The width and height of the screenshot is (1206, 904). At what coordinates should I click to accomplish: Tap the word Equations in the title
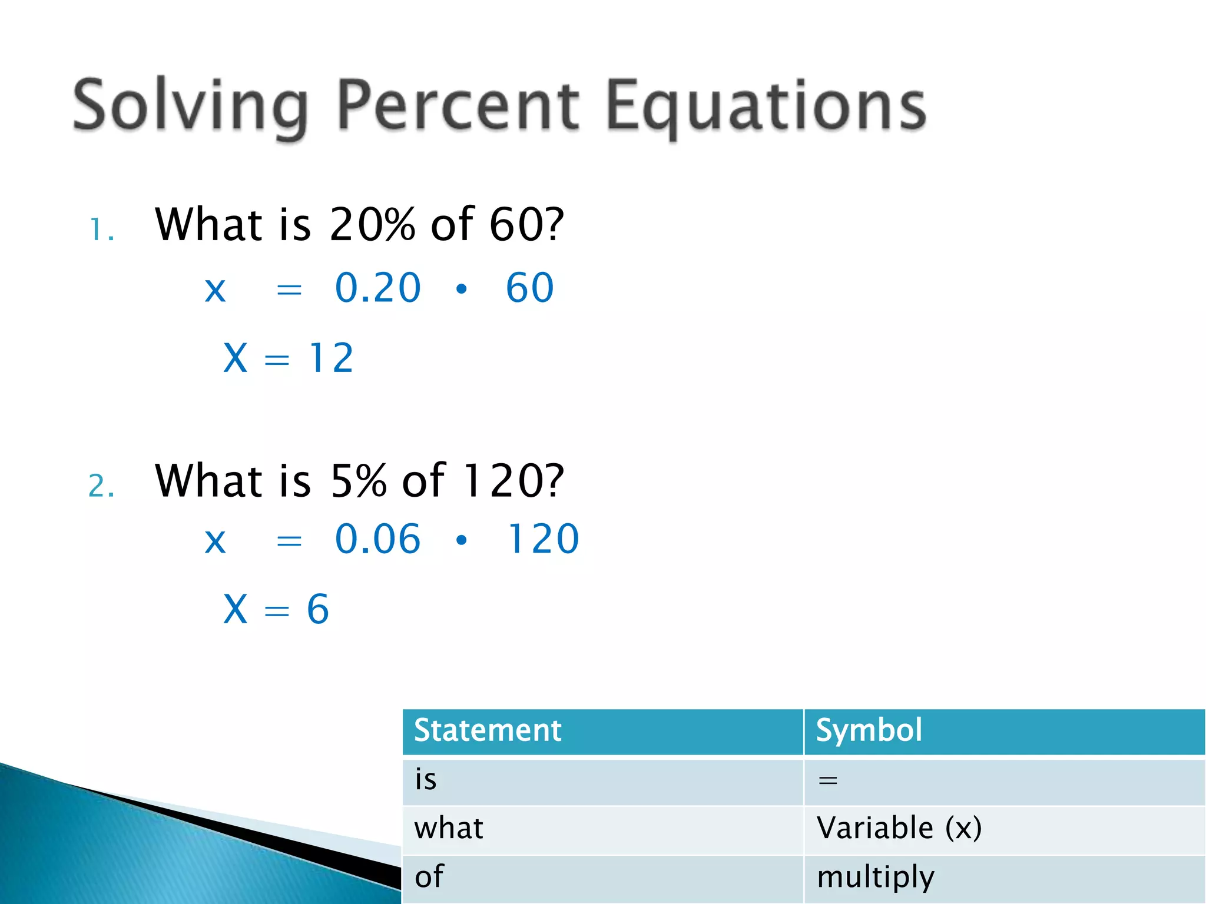[x=766, y=107]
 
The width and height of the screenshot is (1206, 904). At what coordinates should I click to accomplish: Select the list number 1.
[x=100, y=230]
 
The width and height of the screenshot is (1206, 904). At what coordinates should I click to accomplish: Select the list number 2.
[x=100, y=486]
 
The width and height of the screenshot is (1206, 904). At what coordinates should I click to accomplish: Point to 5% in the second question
[x=358, y=481]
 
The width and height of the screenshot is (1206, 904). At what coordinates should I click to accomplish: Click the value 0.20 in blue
[x=377, y=288]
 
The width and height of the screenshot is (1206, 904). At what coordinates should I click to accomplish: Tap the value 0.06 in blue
[x=377, y=539]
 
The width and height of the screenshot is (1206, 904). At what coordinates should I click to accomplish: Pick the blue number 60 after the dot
[x=529, y=288]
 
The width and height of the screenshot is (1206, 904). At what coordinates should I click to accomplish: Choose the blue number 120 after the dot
[x=543, y=539]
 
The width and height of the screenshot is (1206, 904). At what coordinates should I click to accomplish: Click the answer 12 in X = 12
[x=330, y=358]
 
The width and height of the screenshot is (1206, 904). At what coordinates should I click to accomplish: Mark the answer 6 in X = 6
[x=317, y=609]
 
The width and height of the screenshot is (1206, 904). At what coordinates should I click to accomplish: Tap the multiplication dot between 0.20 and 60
[x=461, y=289]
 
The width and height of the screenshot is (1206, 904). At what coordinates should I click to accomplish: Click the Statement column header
[x=488, y=730]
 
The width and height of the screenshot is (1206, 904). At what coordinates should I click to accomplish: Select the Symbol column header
[x=869, y=730]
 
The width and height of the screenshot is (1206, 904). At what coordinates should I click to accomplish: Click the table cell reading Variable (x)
[x=899, y=828]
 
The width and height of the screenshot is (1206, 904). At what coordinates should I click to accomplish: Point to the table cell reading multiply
[x=875, y=877]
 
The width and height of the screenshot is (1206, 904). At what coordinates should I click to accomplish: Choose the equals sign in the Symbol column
[x=827, y=781]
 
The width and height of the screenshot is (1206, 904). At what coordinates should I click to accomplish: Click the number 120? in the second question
[x=512, y=481]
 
